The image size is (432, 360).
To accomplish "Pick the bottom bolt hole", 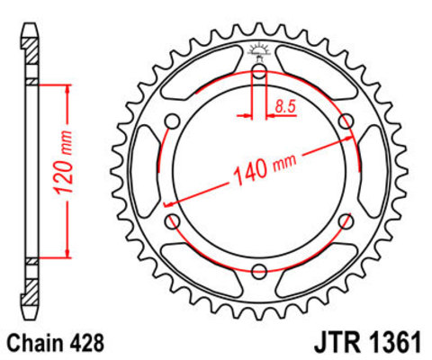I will point(259,271).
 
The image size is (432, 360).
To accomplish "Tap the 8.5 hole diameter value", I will point(285,108).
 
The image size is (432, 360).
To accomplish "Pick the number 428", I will point(89,342).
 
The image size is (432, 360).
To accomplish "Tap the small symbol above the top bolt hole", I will point(259,51).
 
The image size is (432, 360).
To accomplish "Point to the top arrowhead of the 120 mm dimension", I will point(67,87).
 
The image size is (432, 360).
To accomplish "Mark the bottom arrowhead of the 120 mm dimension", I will point(67,255).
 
